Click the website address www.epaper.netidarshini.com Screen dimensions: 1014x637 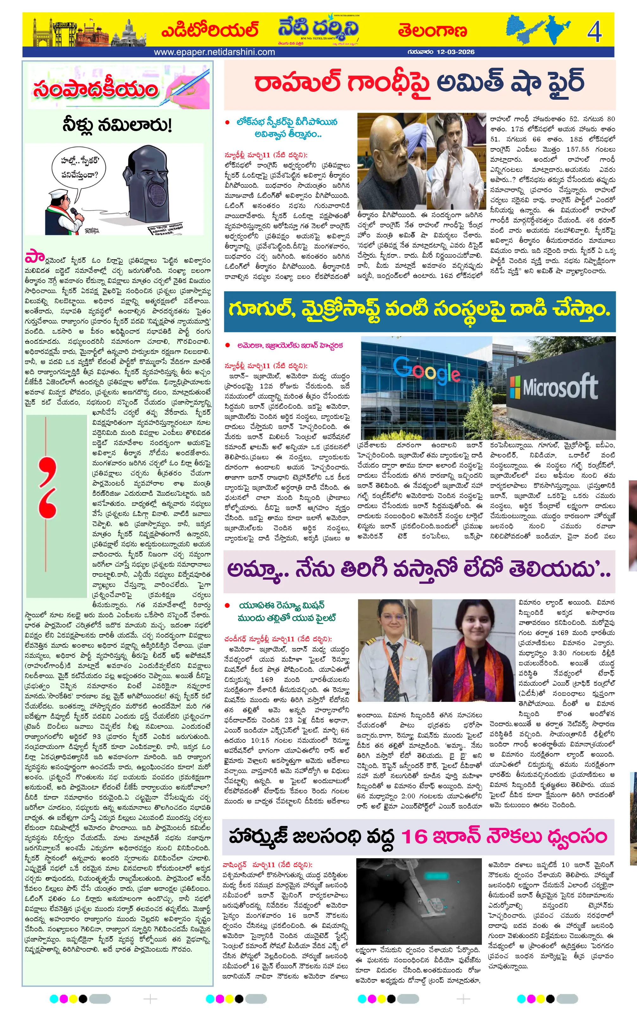point(214,52)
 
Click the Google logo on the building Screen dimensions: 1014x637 point(426,371)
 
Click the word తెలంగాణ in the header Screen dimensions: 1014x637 point(433,31)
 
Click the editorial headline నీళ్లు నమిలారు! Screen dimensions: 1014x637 point(117,125)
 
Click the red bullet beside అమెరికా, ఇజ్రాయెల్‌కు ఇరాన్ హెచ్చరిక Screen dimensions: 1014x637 point(228,345)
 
